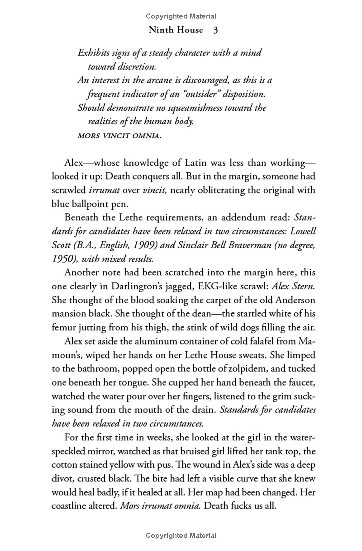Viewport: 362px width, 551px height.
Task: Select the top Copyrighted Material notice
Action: click(181, 16)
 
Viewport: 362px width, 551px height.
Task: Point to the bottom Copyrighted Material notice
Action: click(181, 536)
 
